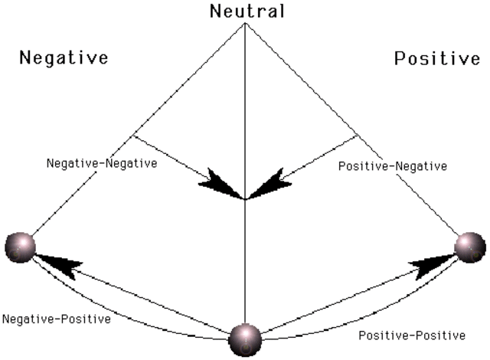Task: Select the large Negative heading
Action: pos(64,57)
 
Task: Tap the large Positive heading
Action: pos(437,59)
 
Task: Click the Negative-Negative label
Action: pos(102,164)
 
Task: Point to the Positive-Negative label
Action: pos(393,165)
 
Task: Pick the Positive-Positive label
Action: pos(411,335)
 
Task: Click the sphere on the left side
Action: pos(18,247)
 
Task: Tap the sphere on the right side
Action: pos(469,247)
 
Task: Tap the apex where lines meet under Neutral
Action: pos(244,24)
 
